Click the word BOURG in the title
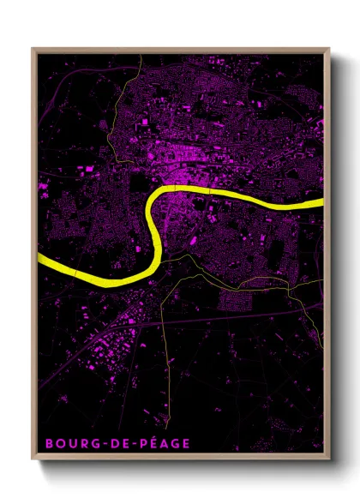pos(71,443)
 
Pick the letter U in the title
pos(71,443)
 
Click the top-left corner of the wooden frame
pos(32,48)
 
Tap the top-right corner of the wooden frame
pos(329,48)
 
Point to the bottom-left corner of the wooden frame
pos(32,457)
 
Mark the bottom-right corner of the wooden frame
pos(329,457)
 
